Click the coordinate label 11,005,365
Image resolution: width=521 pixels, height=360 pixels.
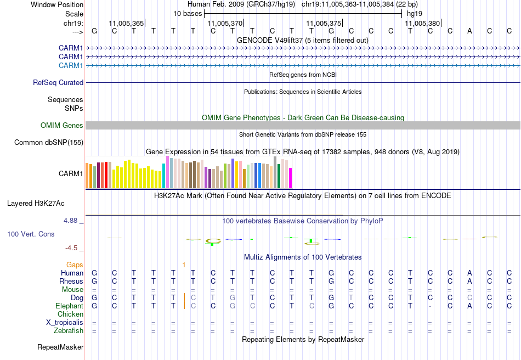(126, 23)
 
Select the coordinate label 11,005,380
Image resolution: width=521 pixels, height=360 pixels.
(422, 23)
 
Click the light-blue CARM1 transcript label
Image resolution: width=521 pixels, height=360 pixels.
(71, 66)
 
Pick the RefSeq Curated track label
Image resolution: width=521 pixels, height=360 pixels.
(58, 83)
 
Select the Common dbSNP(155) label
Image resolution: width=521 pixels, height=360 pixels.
(49, 143)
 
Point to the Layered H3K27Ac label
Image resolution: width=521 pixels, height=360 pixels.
(36, 204)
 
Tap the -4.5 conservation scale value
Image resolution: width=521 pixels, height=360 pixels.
(73, 248)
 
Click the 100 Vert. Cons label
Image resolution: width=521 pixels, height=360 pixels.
(31, 234)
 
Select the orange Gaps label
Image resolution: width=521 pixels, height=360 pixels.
(75, 265)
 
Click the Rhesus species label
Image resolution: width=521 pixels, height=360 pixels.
(71, 282)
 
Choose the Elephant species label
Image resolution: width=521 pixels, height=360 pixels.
(69, 306)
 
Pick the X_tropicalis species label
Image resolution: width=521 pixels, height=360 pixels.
(65, 323)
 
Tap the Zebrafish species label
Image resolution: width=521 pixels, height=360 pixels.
(69, 331)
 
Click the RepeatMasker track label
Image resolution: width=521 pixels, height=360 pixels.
(60, 347)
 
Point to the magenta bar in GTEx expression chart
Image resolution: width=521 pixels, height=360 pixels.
(290, 178)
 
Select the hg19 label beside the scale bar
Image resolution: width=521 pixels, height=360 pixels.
(413, 13)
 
